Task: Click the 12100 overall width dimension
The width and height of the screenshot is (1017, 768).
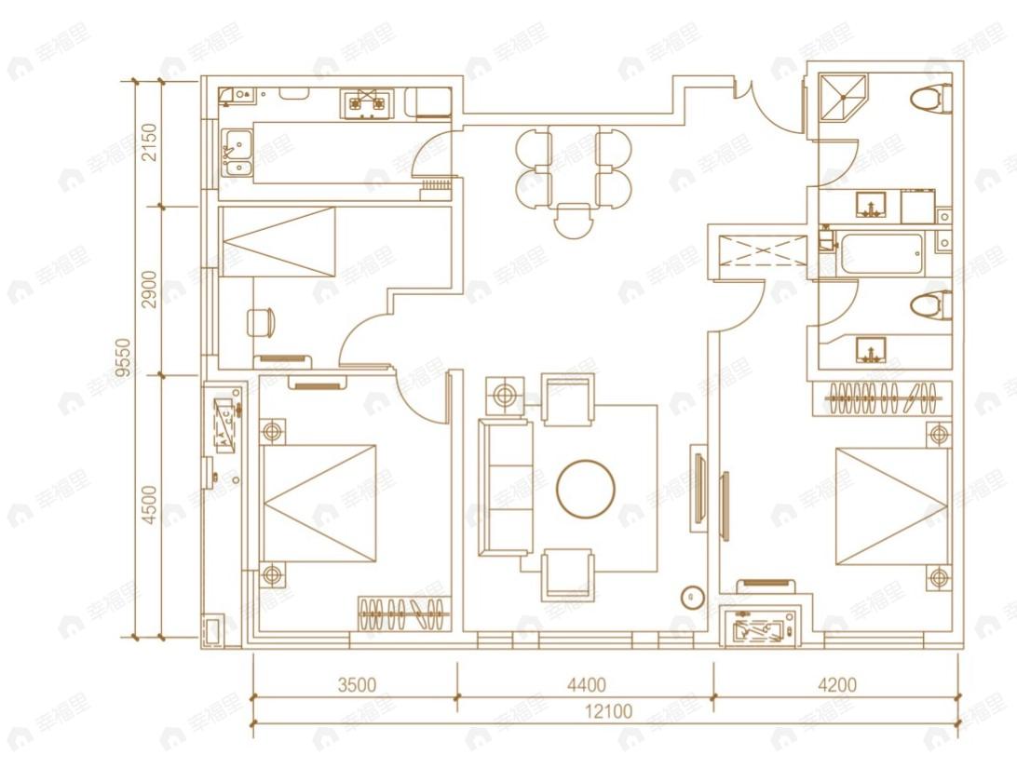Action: (609, 712)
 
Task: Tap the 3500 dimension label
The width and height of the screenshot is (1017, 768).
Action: (356, 685)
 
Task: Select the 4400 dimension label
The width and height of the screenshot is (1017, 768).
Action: (586, 685)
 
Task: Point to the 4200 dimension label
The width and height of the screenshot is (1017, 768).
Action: (836, 685)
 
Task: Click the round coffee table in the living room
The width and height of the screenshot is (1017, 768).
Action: (586, 488)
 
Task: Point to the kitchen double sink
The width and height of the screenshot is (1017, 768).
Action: (237, 154)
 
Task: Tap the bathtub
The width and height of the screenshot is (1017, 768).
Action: (880, 252)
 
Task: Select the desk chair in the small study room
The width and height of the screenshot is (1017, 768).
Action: (261, 322)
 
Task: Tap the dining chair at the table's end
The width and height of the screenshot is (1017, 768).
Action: (573, 220)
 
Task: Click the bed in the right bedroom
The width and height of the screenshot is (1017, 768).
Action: (891, 506)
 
